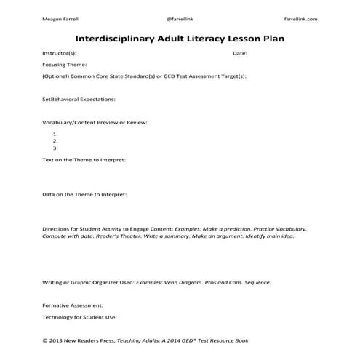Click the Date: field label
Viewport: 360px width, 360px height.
[x=240, y=53]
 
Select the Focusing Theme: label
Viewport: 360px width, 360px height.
[x=65, y=64]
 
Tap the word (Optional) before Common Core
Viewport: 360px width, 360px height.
[x=55, y=75]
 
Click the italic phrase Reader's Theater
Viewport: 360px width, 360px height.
[x=98, y=236]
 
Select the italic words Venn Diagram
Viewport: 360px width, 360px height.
[x=193, y=281]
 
